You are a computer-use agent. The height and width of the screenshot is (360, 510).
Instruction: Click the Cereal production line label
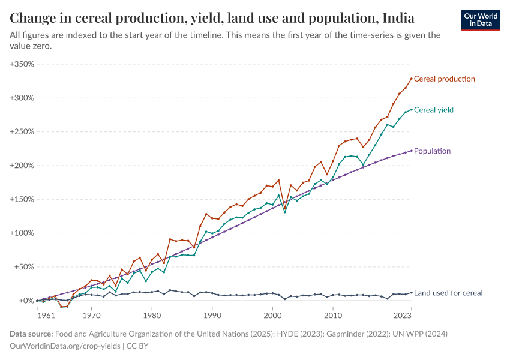(x=445, y=79)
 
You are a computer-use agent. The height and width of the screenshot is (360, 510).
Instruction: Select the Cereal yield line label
(x=434, y=110)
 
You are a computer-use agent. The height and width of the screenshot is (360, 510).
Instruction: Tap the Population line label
(x=432, y=151)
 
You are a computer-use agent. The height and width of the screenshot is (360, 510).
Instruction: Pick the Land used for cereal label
(x=448, y=293)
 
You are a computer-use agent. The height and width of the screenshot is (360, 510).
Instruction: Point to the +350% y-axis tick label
(x=22, y=64)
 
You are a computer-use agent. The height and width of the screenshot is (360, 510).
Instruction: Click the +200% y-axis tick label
(x=22, y=166)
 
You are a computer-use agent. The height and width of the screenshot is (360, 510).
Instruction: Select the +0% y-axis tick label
(x=26, y=301)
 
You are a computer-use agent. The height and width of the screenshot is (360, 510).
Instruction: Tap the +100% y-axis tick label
(x=22, y=233)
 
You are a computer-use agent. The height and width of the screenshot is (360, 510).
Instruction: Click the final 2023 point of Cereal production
(x=412, y=79)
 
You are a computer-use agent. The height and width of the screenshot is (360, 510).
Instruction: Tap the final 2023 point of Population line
(x=412, y=151)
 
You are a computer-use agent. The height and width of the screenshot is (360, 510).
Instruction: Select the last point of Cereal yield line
(x=412, y=110)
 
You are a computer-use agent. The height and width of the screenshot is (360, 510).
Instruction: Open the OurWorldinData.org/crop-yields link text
(x=64, y=346)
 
